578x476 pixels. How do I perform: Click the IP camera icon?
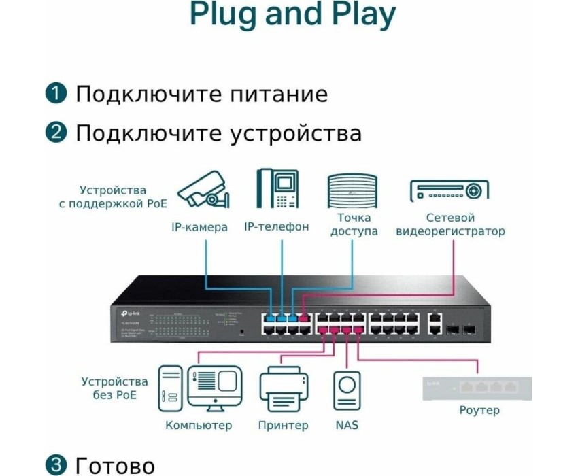(203, 189)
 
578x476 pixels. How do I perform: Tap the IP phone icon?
(278, 188)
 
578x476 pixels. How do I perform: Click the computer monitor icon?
(214, 388)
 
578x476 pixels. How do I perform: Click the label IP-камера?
(199, 227)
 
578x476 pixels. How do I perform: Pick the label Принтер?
(283, 426)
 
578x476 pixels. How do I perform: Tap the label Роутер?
(479, 410)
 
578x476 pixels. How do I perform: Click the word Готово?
(115, 466)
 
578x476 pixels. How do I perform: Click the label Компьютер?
(199, 426)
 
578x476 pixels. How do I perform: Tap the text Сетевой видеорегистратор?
(450, 224)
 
